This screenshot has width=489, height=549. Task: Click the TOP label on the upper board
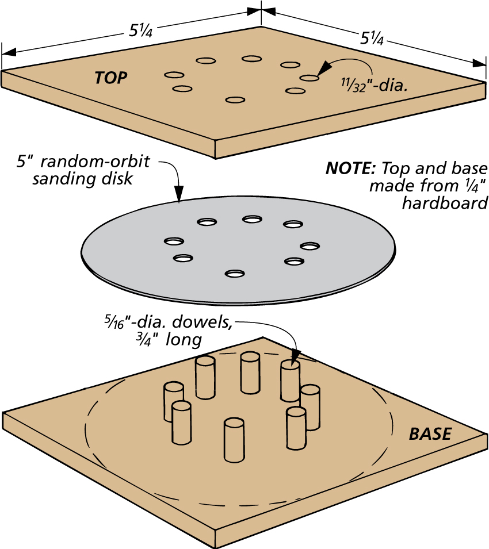coord(112,78)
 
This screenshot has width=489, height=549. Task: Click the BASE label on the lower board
coord(430,434)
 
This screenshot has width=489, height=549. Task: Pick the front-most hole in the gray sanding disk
coord(233,274)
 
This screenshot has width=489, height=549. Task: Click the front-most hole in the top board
coord(233,100)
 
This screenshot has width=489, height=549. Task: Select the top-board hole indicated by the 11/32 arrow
coord(309,78)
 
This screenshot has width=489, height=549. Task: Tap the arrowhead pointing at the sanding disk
coord(178,198)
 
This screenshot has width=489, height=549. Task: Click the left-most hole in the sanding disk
coord(174,241)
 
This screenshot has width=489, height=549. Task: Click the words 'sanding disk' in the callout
coord(83,179)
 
